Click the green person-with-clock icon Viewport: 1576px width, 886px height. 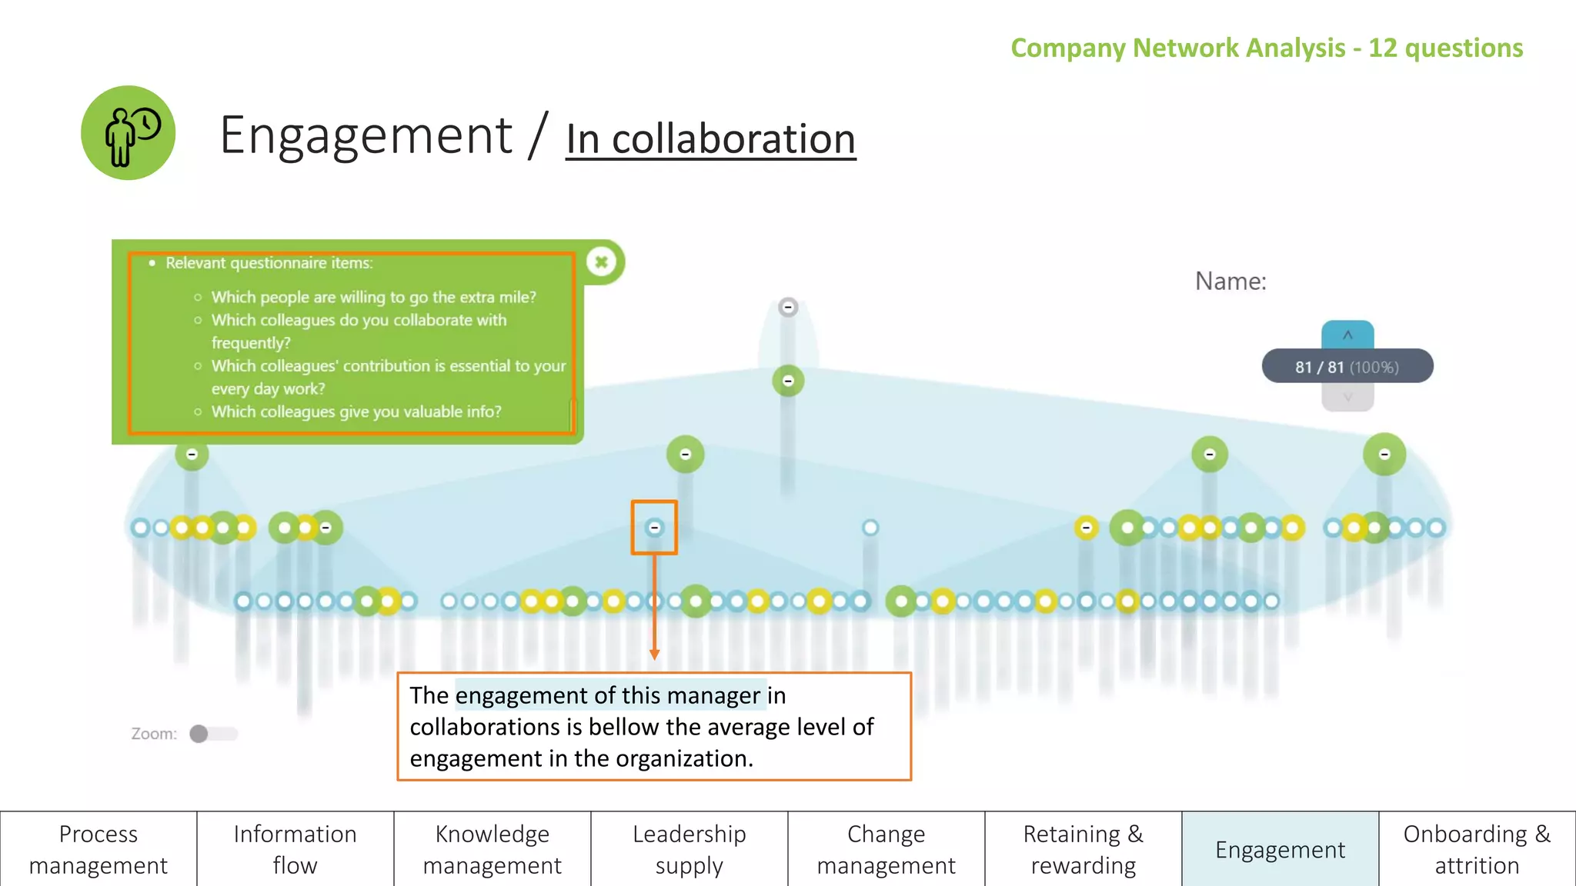coord(129,133)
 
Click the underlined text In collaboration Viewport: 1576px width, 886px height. coord(710,139)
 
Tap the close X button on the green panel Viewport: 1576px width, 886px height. coord(602,262)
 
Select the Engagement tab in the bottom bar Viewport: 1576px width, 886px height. coord(1280,849)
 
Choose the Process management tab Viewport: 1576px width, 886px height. coord(98,849)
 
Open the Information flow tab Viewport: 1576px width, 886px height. coord(295,849)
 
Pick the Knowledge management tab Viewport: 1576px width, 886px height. coord(492,849)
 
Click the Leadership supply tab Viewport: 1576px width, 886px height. coord(689,849)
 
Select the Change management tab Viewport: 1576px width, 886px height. coord(886,849)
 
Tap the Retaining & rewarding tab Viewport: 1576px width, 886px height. coord(1083,849)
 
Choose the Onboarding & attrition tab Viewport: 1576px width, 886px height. coord(1477,849)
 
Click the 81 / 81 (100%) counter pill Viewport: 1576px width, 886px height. coord(1347,367)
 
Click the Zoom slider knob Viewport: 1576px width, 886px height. coord(199,734)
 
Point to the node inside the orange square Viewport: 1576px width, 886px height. coord(654,528)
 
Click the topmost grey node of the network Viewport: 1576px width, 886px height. coord(788,308)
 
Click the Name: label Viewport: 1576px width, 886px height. coord(1230,281)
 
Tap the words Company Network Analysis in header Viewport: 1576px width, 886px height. coord(1177,48)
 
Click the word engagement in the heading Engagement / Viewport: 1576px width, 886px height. coord(366,135)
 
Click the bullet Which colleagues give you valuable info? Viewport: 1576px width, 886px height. coord(356,411)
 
